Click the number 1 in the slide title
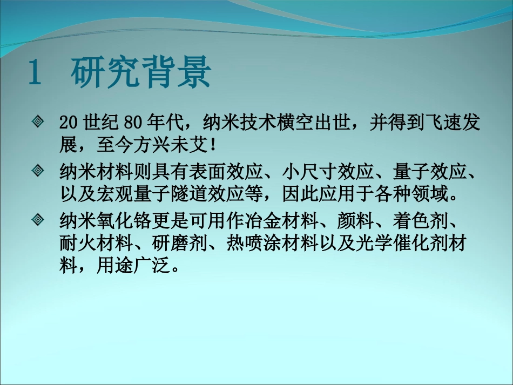[x=35, y=74]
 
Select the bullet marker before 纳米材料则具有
[x=38, y=171]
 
